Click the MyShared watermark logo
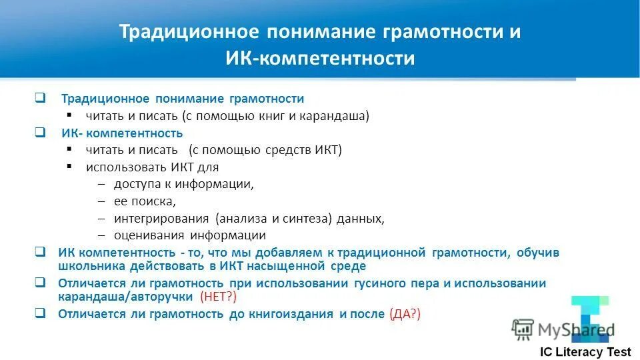pos(563,329)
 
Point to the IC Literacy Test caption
pos(584,353)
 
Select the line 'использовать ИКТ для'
pos(152,167)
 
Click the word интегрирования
pos(161,218)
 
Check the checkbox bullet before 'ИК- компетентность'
pos(40,132)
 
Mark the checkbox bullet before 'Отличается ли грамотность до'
pos(40,312)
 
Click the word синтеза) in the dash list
pos(316,218)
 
